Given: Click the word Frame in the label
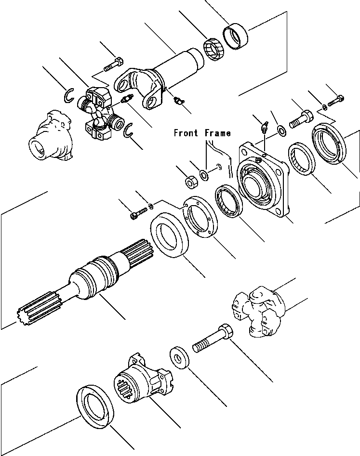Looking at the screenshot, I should (x=217, y=133).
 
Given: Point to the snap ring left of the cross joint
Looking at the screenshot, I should (x=69, y=96).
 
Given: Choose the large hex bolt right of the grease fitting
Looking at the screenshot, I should (x=301, y=117).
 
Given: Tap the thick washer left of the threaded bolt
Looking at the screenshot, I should (x=179, y=357).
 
